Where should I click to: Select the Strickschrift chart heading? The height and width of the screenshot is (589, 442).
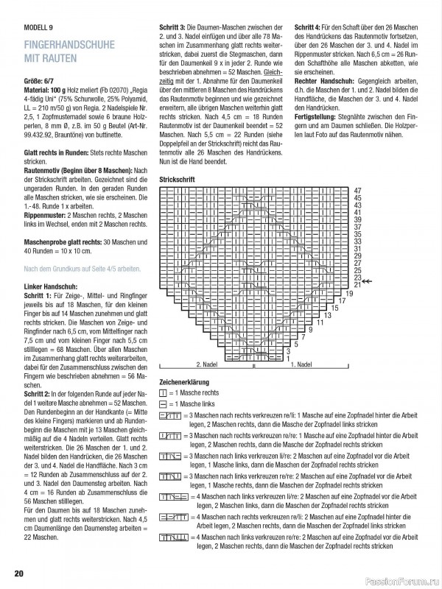(177, 179)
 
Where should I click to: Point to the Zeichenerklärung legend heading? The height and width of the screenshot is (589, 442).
(184, 382)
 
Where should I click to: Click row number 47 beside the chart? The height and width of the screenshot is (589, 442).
(357, 191)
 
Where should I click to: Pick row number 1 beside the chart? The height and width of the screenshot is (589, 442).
(288, 358)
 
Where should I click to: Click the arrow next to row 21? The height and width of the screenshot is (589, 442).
(370, 281)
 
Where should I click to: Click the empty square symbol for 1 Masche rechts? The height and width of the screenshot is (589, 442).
(163, 394)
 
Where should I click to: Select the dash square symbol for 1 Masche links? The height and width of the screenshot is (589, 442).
(163, 404)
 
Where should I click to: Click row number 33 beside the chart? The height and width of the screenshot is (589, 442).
(357, 241)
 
